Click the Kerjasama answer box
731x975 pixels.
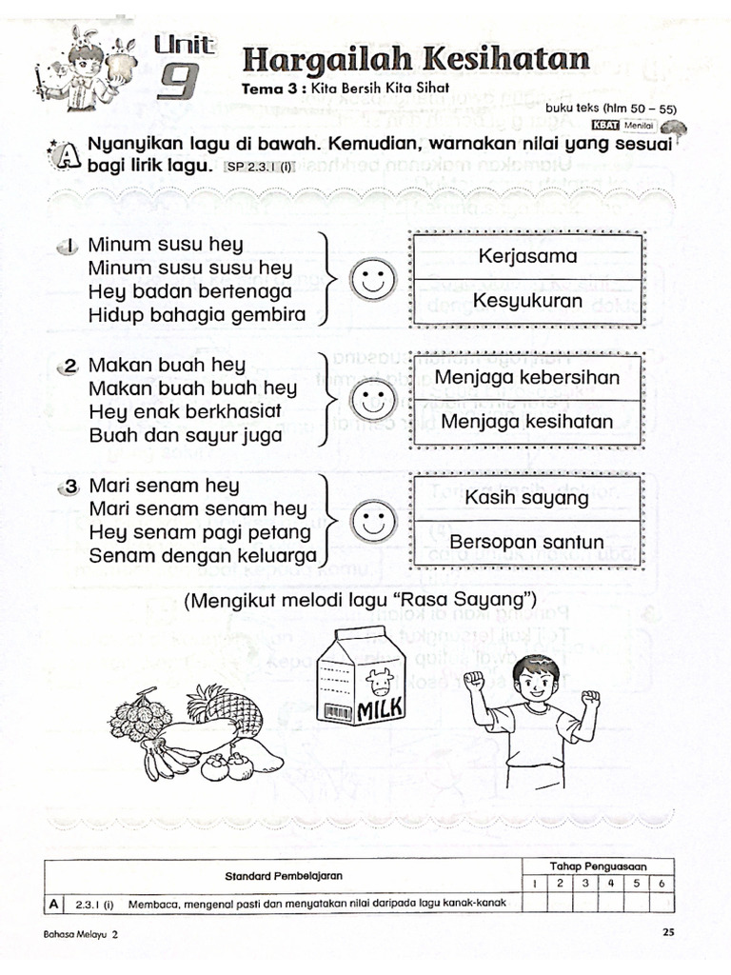click(x=527, y=257)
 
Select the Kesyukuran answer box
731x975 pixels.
click(x=527, y=302)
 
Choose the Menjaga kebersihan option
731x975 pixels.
click(x=527, y=377)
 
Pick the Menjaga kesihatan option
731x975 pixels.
click(x=527, y=421)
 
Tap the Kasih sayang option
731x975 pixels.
click(x=527, y=498)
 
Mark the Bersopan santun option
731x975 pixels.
click(x=527, y=543)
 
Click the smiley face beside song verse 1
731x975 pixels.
click(x=371, y=280)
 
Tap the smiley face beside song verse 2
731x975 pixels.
click(x=371, y=400)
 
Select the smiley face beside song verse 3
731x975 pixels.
click(x=371, y=520)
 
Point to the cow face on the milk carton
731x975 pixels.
click(x=384, y=681)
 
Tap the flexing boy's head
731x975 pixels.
click(x=534, y=681)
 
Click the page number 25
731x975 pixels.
click(x=667, y=933)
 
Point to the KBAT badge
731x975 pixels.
click(x=604, y=124)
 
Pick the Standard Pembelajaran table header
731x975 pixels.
click(x=284, y=875)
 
